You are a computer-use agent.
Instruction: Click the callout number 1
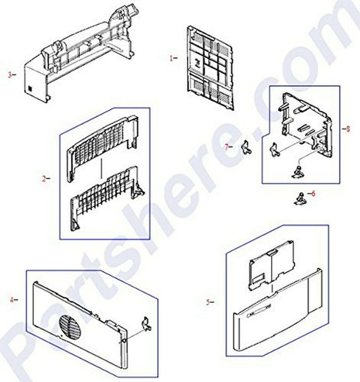tap(171, 58)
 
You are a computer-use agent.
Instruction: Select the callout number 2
tap(44, 179)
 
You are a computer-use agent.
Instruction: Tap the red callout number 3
tap(9, 75)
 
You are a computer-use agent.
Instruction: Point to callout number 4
tap(11, 300)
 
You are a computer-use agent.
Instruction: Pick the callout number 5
tap(207, 303)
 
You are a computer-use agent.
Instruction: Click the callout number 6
tap(313, 193)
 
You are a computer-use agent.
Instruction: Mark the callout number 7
tap(227, 147)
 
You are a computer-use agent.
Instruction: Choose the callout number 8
tap(348, 129)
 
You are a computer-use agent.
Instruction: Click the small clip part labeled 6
tap(300, 198)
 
